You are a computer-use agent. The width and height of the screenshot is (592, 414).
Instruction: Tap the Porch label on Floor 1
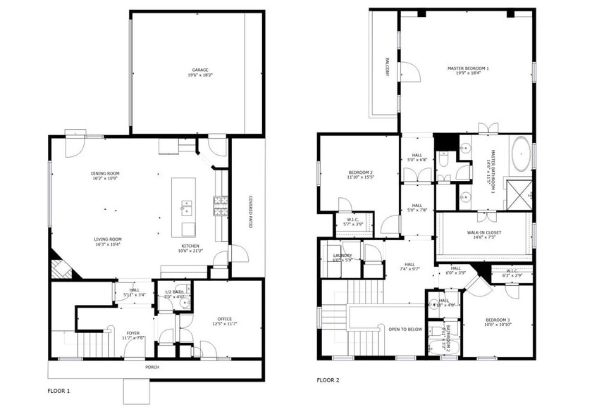152,366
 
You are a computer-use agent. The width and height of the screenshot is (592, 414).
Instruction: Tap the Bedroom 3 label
497,322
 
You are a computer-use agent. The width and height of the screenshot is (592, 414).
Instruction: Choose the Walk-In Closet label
483,234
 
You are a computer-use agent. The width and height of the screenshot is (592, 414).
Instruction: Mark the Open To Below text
405,329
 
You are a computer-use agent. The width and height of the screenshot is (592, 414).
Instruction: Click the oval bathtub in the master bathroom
522,154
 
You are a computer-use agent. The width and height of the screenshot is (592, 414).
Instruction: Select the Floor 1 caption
58,390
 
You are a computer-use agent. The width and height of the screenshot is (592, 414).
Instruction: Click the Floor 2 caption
328,380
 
